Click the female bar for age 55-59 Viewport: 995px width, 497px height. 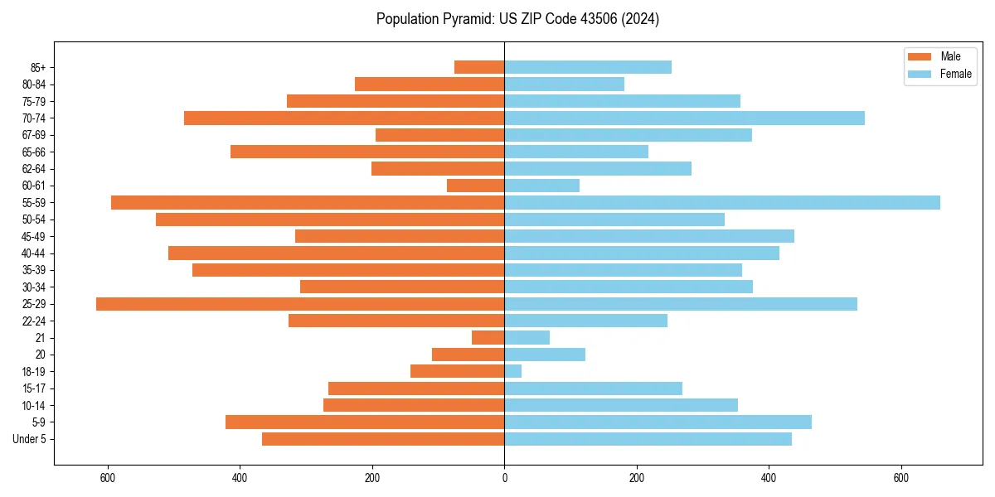pos(721,202)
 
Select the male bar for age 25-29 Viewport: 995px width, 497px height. pos(300,304)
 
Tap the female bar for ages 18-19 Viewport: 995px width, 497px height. pos(513,371)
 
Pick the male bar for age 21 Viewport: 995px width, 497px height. pos(488,338)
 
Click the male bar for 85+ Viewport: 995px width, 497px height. pos(479,67)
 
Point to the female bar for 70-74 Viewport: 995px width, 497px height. pos(684,118)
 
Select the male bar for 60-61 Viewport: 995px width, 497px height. pos(476,186)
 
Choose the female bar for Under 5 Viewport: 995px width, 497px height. pos(648,439)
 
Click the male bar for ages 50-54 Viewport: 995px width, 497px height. pos(330,220)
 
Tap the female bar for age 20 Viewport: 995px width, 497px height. pos(545,355)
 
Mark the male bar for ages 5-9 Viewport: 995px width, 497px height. pos(365,422)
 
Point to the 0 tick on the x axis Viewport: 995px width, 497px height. pos(504,478)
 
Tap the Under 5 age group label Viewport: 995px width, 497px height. pos(30,439)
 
